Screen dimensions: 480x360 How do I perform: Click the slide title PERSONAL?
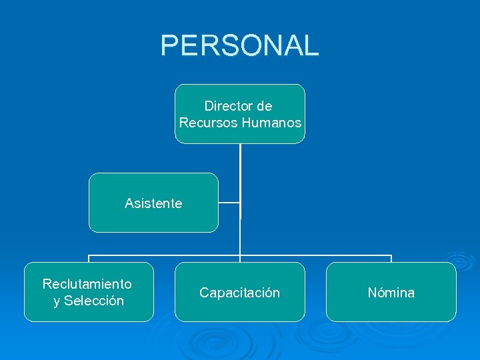point(239,45)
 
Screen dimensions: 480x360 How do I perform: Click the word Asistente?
point(153,203)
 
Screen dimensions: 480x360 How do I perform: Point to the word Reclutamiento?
point(87,284)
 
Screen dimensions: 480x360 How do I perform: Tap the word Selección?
point(94,301)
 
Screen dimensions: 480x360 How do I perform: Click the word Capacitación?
point(240,293)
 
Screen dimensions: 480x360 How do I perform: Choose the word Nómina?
point(391,293)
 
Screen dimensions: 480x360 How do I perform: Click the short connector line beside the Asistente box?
point(229,203)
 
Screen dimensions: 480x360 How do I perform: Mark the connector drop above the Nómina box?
point(391,259)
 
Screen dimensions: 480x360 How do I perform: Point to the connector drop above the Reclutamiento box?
point(89,259)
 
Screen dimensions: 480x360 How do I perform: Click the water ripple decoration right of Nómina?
point(459,260)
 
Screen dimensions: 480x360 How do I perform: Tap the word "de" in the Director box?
point(265,106)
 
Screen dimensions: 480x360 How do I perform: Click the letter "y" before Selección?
point(57,301)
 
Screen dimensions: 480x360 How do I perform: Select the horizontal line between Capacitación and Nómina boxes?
point(315,255)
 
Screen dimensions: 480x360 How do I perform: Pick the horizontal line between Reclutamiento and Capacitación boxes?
point(164,255)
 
